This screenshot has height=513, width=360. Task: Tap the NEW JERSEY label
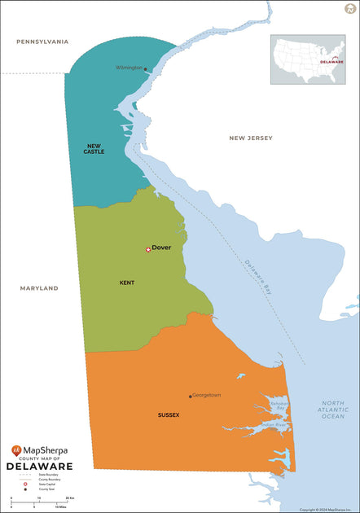coord(249,138)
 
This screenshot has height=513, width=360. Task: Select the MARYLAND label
coord(39,288)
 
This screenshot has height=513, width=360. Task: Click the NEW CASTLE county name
coord(94,149)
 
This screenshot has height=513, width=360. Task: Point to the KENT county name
coord(127,283)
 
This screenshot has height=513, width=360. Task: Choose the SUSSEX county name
coord(169,414)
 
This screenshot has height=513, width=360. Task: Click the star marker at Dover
coord(147,249)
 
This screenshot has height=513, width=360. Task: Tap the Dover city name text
coord(161,248)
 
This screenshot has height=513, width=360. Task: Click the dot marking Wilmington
coord(146,69)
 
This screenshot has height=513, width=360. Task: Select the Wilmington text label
coord(129,68)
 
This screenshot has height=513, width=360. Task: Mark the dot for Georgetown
coord(191,397)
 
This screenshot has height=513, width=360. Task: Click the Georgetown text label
coord(207,395)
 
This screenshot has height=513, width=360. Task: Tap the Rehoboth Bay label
coord(279,404)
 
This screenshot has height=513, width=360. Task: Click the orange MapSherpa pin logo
coord(16,450)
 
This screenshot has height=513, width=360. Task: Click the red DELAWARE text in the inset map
coord(331,61)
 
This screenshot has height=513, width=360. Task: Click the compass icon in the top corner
coord(350,8)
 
